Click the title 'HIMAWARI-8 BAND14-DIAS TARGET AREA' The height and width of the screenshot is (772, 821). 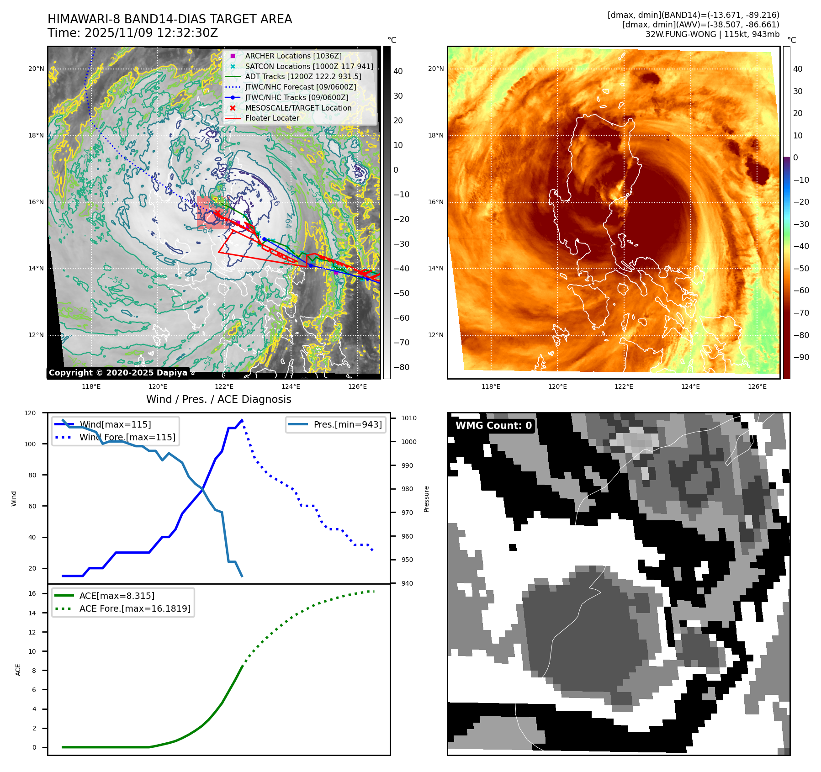(x=169, y=19)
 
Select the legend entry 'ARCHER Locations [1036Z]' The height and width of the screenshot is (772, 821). (x=293, y=56)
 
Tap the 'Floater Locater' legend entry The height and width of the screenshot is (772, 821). (x=272, y=118)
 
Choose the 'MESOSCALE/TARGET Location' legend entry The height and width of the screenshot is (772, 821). (x=298, y=108)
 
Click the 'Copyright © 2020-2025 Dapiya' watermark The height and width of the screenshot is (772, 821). (x=118, y=373)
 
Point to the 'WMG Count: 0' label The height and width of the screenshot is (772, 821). (x=493, y=426)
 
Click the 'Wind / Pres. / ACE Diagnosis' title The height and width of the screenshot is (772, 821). (x=218, y=399)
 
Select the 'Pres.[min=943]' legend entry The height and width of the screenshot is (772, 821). (x=347, y=424)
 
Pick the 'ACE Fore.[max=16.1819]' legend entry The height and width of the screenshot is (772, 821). (x=135, y=608)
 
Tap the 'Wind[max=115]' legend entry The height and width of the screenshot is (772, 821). (x=115, y=424)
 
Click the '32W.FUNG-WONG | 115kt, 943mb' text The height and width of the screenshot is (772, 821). (x=712, y=34)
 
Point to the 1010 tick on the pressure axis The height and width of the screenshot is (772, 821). (x=409, y=418)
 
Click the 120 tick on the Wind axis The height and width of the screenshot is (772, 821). (x=30, y=413)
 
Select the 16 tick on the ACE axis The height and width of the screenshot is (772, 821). (x=32, y=593)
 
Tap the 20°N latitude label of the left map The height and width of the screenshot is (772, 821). (x=36, y=69)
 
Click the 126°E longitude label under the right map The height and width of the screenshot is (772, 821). (x=757, y=386)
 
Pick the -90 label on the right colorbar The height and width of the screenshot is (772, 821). (x=801, y=357)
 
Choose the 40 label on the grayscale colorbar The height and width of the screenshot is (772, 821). (x=398, y=71)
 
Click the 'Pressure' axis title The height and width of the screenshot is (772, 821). (x=426, y=499)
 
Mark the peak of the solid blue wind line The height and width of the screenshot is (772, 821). (x=242, y=420)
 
